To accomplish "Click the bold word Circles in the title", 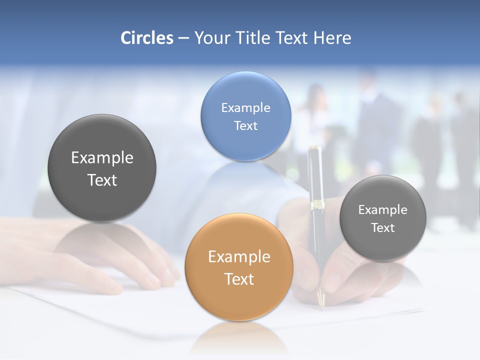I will pyautogui.click(x=146, y=38).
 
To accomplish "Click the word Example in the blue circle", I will pyautogui.click(x=245, y=107).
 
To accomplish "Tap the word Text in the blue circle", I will pyautogui.click(x=245, y=125).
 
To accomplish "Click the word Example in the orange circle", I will pyautogui.click(x=239, y=257).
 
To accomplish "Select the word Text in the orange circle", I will pyautogui.click(x=239, y=279).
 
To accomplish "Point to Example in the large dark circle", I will pyautogui.click(x=102, y=158).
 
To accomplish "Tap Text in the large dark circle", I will pyautogui.click(x=102, y=180).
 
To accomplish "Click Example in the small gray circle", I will pyautogui.click(x=383, y=209).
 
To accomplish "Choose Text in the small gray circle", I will pyautogui.click(x=383, y=228).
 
